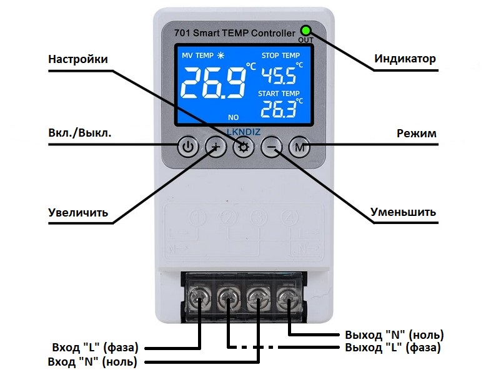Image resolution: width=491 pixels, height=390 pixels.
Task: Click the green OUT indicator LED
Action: (306, 31)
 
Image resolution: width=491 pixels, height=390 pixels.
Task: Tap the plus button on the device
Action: (216, 148)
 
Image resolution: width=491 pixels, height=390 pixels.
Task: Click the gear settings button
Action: (244, 148)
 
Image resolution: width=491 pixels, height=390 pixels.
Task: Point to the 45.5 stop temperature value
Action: (278, 77)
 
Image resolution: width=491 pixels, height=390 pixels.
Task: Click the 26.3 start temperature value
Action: (278, 110)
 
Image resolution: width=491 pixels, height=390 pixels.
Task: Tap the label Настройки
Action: (78, 59)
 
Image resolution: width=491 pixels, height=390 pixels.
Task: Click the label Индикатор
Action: (405, 59)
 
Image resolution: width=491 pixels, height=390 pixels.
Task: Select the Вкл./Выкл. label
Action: (79, 134)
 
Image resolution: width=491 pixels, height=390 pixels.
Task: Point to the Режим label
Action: (417, 134)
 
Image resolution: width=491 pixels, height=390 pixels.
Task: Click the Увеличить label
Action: (78, 213)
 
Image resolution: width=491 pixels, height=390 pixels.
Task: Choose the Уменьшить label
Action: (403, 212)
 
